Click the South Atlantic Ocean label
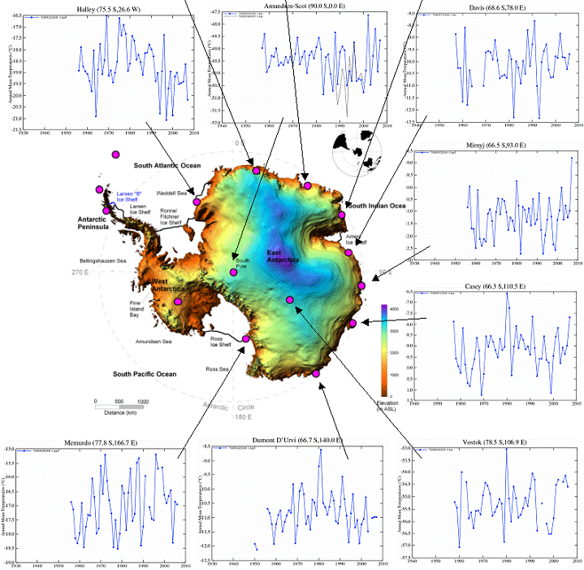[167, 165]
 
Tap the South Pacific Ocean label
[144, 374]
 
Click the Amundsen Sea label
[153, 342]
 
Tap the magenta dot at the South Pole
[234, 272]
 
